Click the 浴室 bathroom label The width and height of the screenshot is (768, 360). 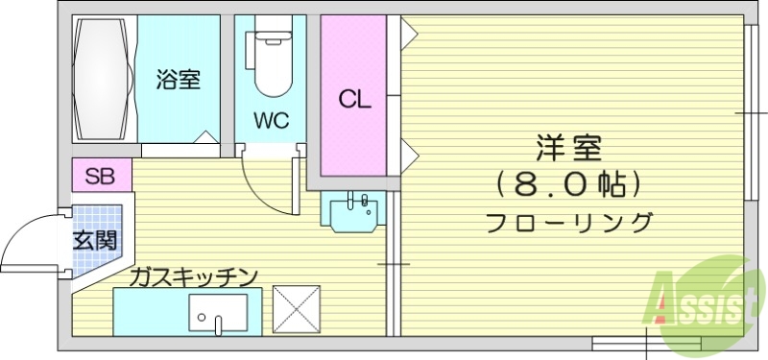pos(179,80)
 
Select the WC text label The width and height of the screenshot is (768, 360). pos(271,121)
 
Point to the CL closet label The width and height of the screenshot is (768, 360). pos(354,98)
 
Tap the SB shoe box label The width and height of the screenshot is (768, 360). pos(100,176)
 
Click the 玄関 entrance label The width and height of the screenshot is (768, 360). pos(95,239)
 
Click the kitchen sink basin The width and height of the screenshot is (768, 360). pos(216,312)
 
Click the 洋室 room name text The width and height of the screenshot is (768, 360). pos(567,151)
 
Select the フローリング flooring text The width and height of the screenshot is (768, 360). pos(568,223)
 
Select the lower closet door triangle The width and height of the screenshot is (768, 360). pos(408,152)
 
